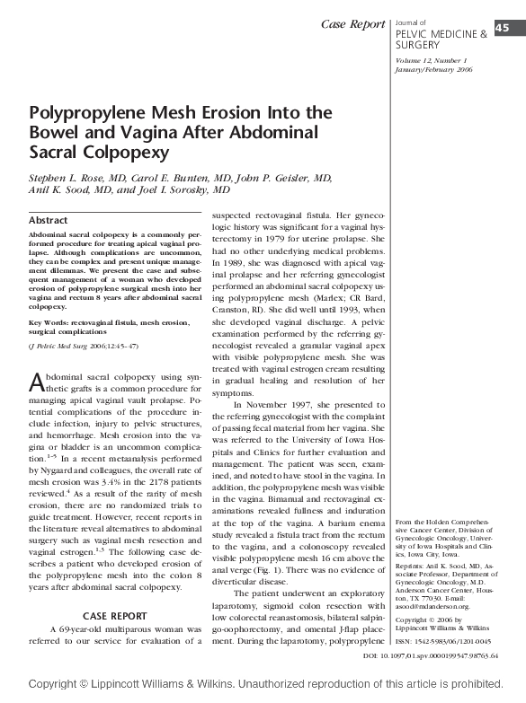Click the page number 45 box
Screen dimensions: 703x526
pos(500,28)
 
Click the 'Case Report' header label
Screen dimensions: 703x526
pos(352,22)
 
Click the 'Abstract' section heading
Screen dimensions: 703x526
pos(48,220)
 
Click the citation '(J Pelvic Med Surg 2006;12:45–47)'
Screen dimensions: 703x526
pos(83,345)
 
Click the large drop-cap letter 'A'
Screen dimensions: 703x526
pos(37,381)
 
